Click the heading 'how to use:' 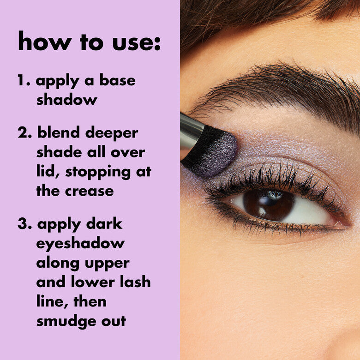tap(89, 42)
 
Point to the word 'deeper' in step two tap(110, 134)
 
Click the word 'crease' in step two tap(90, 191)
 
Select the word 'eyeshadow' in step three tap(80, 244)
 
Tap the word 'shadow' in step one tap(66, 99)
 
